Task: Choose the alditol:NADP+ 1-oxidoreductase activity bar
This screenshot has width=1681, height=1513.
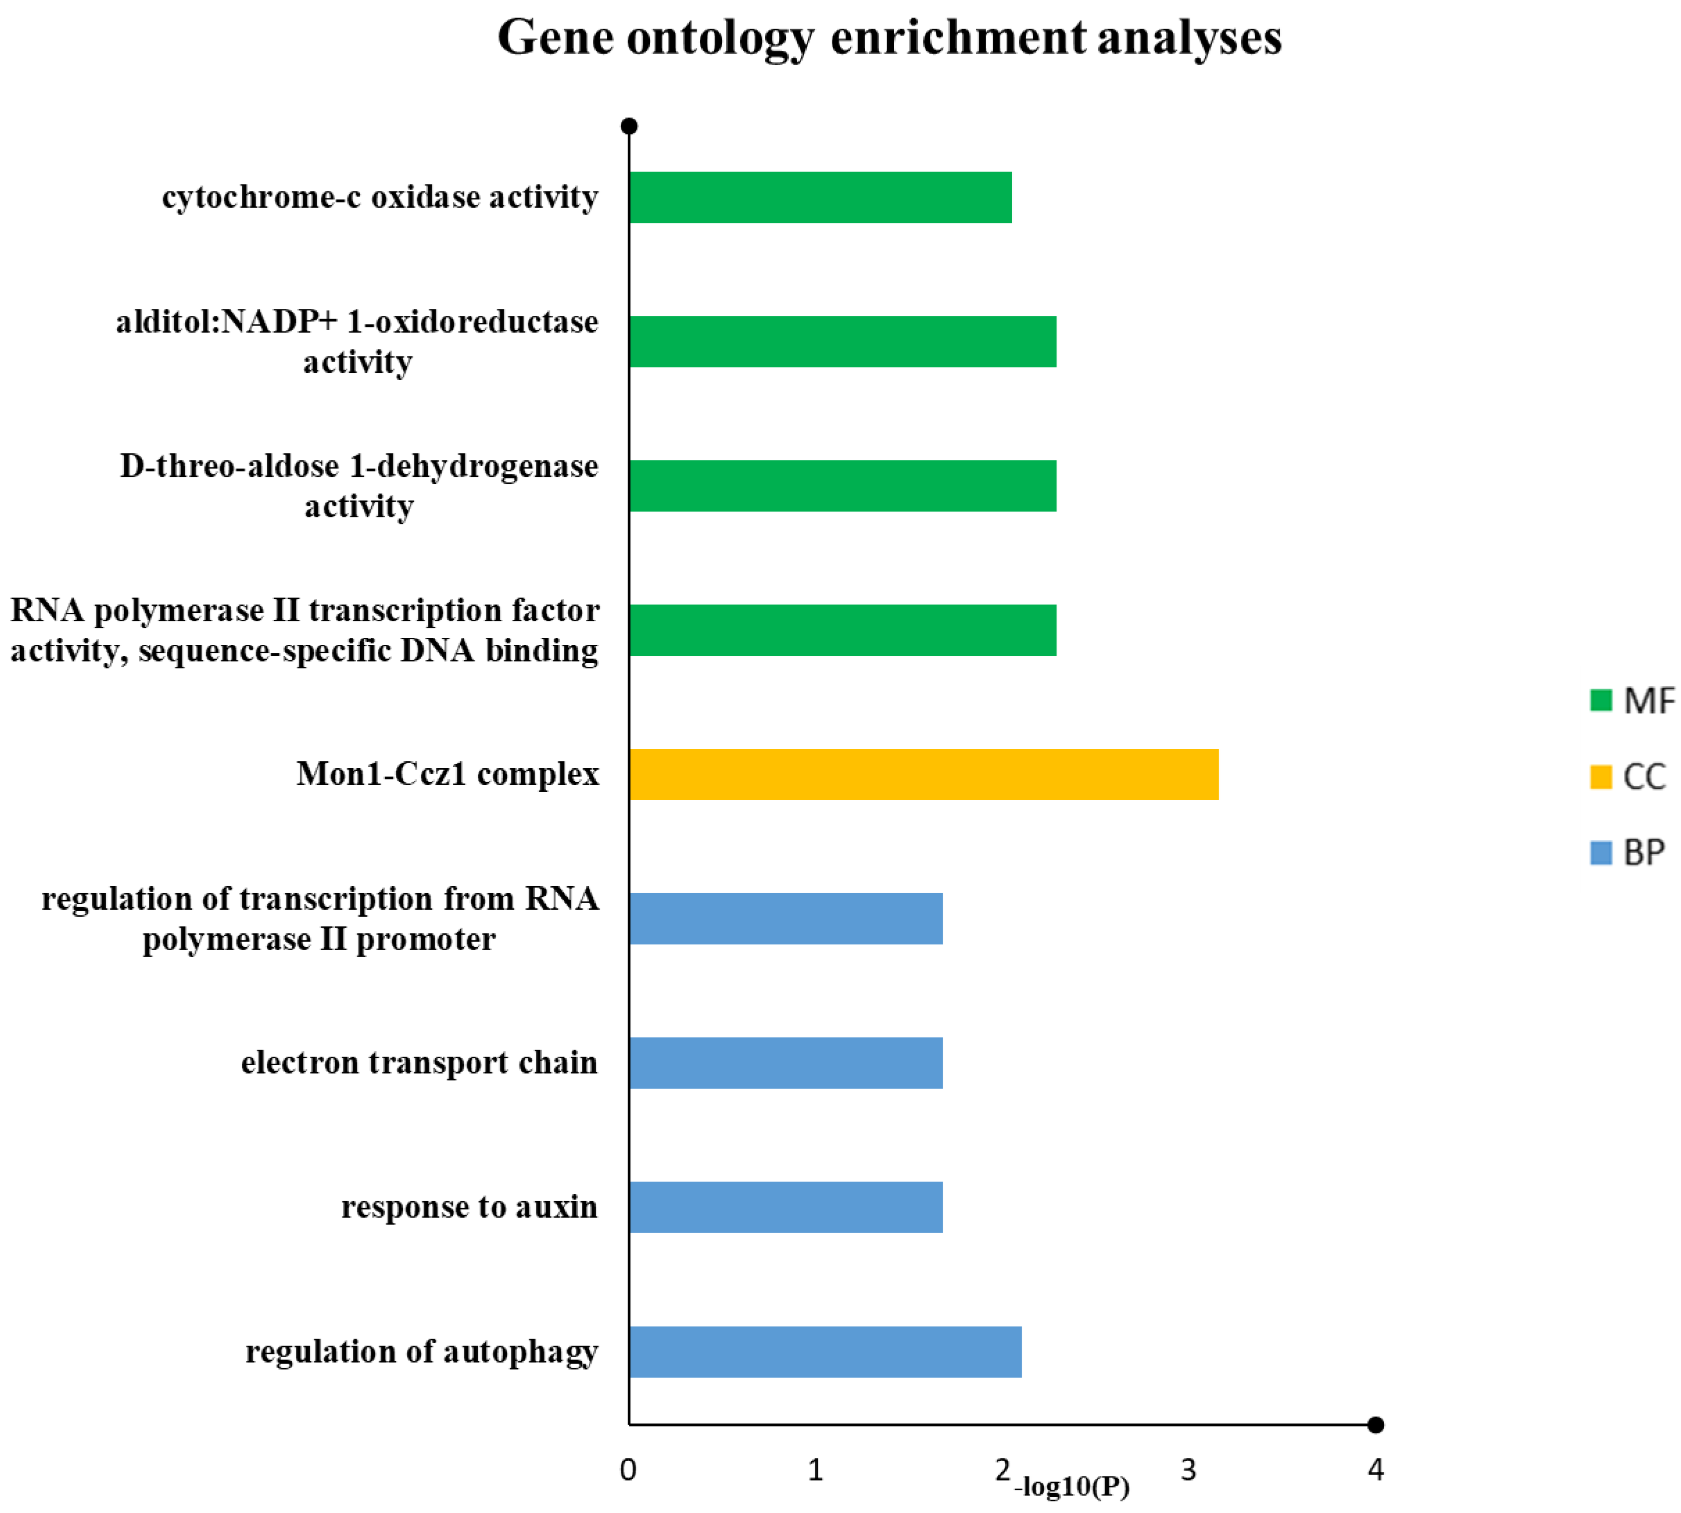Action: click(842, 342)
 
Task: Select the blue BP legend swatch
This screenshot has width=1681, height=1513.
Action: click(1601, 853)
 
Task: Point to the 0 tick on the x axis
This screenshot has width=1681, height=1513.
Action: click(628, 1471)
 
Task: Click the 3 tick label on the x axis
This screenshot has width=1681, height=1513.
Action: click(1189, 1471)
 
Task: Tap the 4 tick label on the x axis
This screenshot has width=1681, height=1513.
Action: click(1376, 1471)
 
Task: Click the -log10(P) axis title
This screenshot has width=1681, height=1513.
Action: click(1072, 1487)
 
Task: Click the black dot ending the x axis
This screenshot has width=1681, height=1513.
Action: click(1376, 1425)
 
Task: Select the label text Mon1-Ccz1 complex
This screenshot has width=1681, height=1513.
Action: click(447, 774)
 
